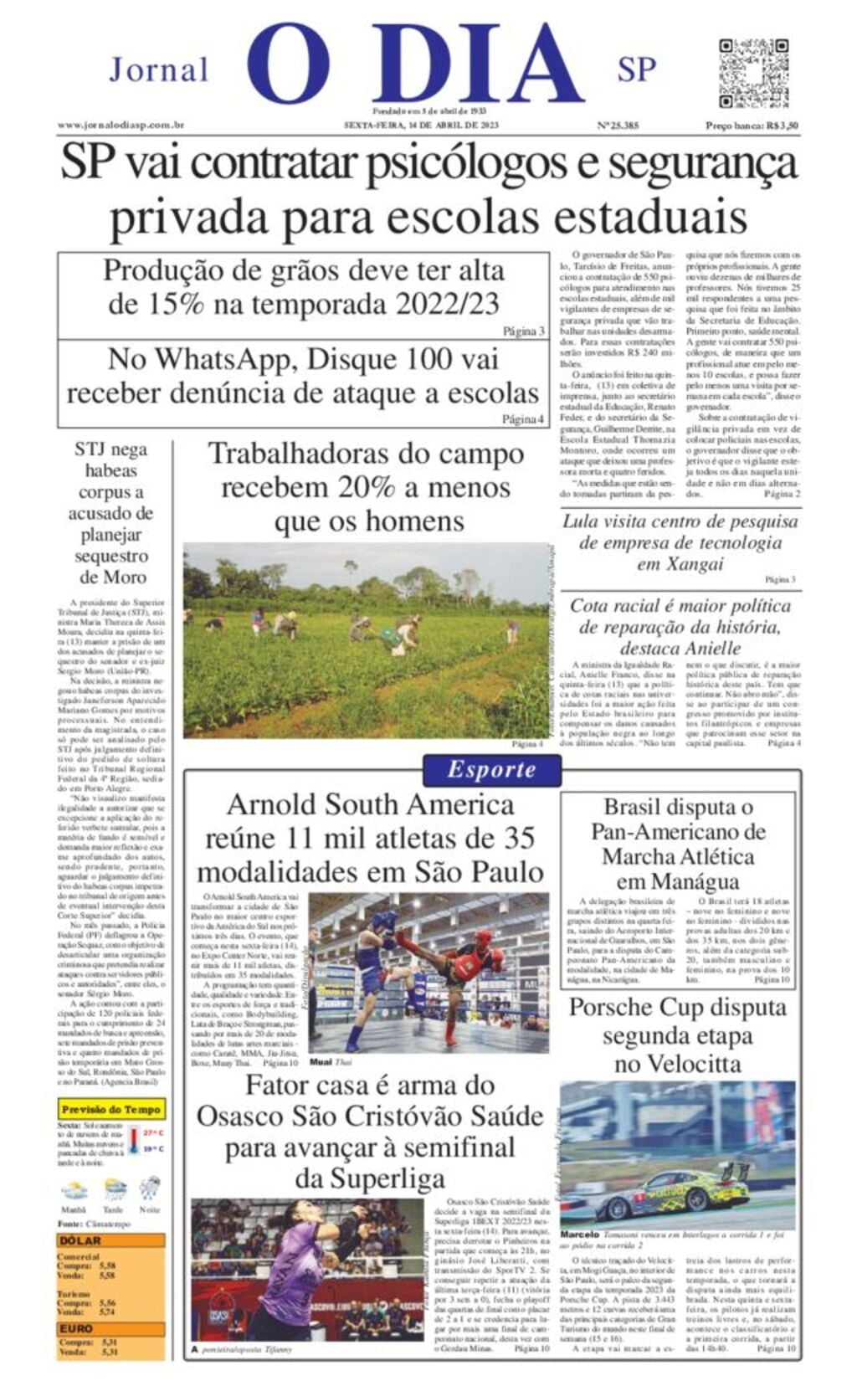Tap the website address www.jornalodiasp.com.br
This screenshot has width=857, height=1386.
click(121, 125)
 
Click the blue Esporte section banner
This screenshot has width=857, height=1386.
click(491, 770)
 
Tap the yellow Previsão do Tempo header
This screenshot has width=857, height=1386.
click(111, 1110)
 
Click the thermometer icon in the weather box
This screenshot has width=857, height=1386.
click(134, 1140)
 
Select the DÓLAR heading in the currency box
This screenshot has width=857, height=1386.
click(80, 1240)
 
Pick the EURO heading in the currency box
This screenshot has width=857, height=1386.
click(76, 1328)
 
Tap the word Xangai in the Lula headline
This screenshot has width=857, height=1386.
click(680, 564)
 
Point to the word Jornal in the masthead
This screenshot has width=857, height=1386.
click(159, 69)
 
